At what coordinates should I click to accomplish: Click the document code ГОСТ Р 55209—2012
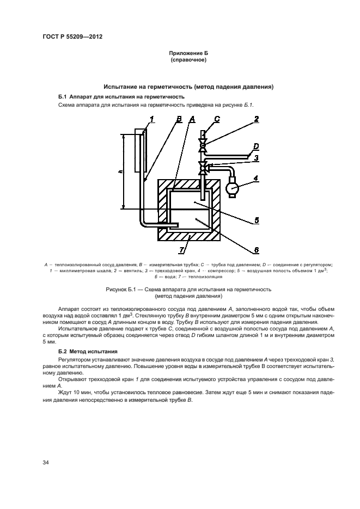pos(72,36)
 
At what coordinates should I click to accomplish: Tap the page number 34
pos(46,463)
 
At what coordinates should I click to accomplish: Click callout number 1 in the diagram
pos(152,118)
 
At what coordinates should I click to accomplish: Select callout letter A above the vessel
pos(192,118)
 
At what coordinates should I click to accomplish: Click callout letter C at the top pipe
pos(217,119)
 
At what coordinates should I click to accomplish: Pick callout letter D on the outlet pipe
pos(256,146)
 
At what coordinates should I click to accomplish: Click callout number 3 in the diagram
pos(255,158)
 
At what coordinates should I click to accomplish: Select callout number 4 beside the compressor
pos(255,177)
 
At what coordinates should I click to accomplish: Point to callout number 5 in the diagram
pos(256,221)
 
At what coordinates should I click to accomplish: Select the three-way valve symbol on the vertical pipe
pos(203,166)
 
